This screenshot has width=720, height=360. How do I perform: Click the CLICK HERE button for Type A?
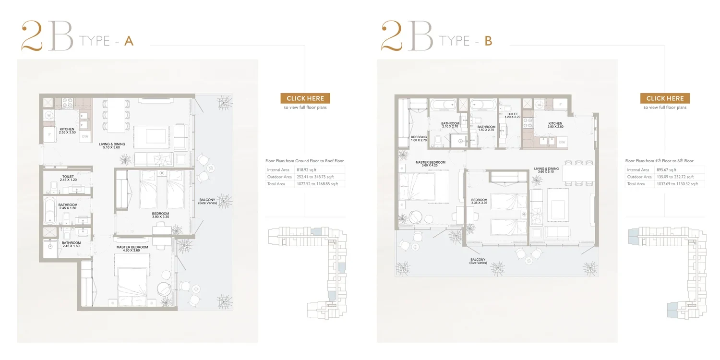[305, 98]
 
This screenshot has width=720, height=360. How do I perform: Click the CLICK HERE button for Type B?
[665, 98]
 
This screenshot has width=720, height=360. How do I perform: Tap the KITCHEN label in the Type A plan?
[67, 129]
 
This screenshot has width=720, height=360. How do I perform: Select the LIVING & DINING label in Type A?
[112, 144]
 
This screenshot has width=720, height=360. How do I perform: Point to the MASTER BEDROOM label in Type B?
[431, 162]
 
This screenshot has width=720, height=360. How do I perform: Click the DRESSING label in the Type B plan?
[419, 137]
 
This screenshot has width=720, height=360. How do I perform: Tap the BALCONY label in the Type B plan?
[478, 259]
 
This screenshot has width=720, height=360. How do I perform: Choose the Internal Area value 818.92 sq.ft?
[306, 170]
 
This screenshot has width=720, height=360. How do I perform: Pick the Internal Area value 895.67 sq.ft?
[666, 170]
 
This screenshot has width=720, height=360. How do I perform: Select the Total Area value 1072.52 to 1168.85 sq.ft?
[317, 184]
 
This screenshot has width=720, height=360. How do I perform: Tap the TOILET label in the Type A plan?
[68, 177]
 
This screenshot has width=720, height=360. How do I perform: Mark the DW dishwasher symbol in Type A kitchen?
[85, 136]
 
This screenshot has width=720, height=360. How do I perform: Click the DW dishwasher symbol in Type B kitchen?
[562, 142]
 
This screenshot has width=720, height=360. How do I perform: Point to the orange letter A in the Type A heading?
[129, 41]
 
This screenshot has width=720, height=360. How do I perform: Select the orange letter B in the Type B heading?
[488, 41]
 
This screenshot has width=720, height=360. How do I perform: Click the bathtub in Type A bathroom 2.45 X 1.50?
[49, 210]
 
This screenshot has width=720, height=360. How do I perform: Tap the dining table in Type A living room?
[116, 115]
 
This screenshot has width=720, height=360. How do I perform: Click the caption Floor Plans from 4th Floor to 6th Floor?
[659, 160]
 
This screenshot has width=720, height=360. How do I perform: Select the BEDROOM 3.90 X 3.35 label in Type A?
[160, 215]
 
